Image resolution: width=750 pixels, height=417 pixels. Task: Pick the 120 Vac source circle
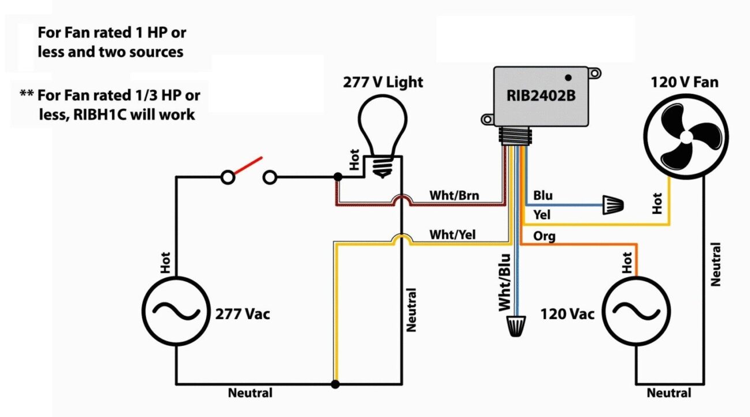(637, 312)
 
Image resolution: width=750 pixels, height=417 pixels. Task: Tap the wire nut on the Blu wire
(614, 205)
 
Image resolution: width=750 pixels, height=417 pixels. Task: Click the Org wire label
(544, 236)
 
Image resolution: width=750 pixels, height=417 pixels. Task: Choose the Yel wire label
(542, 215)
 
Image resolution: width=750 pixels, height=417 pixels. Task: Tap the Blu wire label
(542, 196)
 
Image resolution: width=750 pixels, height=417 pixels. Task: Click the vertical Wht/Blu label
(505, 283)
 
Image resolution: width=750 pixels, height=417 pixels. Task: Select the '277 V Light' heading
(383, 82)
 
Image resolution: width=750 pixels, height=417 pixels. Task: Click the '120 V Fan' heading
(684, 82)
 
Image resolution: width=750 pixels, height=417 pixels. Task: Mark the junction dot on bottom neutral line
(335, 384)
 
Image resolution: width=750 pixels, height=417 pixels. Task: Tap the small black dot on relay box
(568, 77)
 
